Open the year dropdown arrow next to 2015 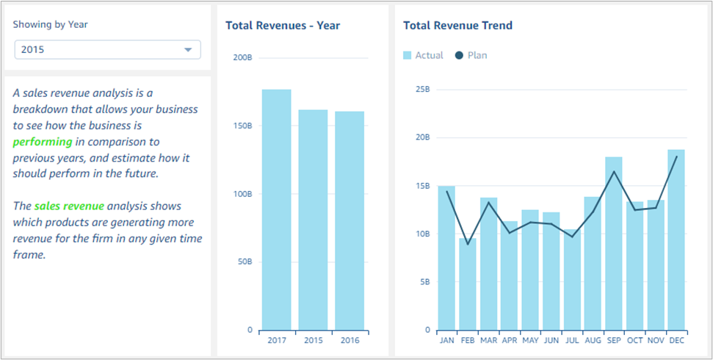coord(188,50)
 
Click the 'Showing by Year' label coord(51,24)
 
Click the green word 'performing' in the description coord(43,141)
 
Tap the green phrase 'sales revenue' coord(69,206)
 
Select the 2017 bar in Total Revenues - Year coord(276,209)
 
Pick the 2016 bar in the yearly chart coord(350,220)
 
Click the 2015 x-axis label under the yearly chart coord(313,341)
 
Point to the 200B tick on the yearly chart coord(242,58)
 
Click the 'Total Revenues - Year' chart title coord(283,26)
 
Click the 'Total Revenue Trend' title coord(457,26)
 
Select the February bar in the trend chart coord(468,284)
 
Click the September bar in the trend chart coord(614,243)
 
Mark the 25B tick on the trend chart coord(422,90)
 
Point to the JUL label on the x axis coord(572,341)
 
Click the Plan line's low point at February coord(468,245)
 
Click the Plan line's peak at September coord(614,172)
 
